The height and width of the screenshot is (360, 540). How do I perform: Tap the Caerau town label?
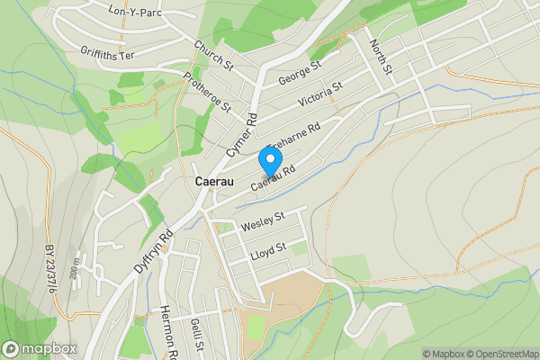[215, 182]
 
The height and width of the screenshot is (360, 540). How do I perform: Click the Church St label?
[213, 54]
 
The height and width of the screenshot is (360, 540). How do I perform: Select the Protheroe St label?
[207, 92]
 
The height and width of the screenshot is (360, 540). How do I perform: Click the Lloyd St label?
[269, 247]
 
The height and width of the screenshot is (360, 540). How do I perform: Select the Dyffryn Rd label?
[153, 254]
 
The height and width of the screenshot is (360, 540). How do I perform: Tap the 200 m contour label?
[76, 266]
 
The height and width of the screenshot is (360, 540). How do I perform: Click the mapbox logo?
[40, 348]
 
